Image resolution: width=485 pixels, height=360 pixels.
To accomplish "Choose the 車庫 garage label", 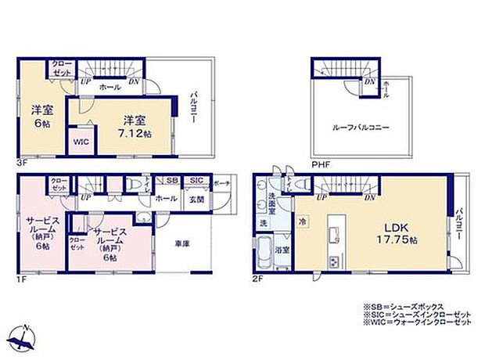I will point(184,243).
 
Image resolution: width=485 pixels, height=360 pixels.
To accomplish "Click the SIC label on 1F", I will point(196,181).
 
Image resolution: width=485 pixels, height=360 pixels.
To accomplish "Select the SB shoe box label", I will point(171,181).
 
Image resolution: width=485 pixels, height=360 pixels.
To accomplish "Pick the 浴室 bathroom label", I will point(286,250).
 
